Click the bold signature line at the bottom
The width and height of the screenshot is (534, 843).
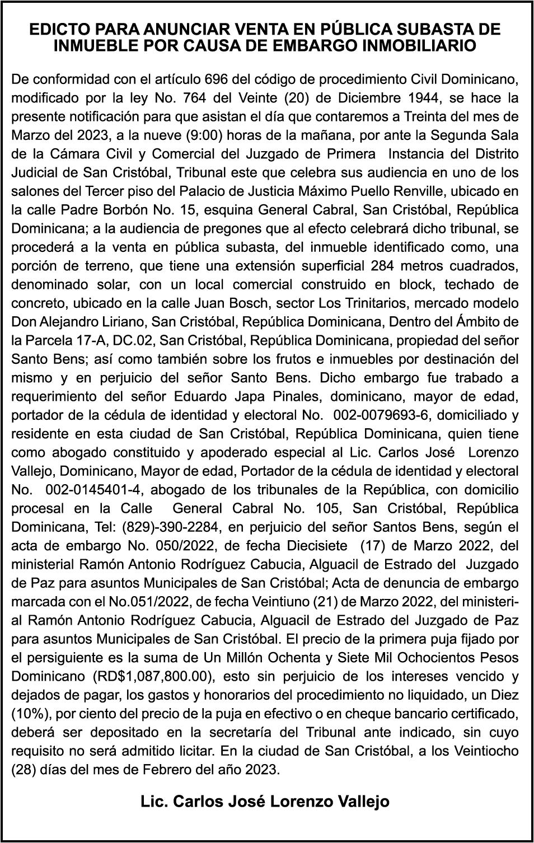pos(265,802)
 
